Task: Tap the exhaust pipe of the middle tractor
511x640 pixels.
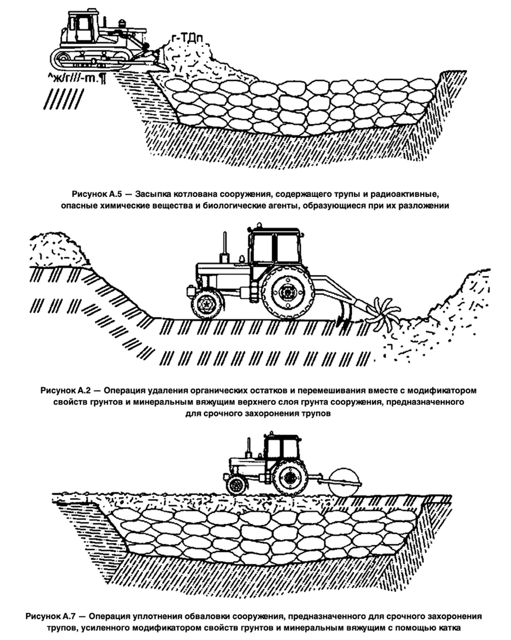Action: click(x=225, y=246)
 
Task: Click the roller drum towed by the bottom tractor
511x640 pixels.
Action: click(x=344, y=482)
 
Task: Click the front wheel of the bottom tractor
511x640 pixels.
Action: click(x=235, y=486)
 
